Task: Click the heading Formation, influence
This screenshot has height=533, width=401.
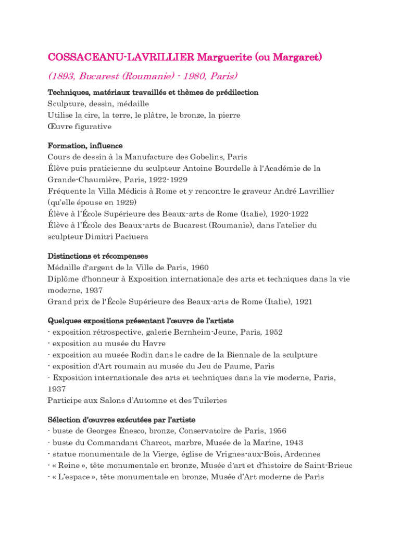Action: click(x=85, y=146)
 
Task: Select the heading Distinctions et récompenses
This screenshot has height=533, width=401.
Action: click(x=97, y=256)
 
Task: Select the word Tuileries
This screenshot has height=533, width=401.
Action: click(x=208, y=401)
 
